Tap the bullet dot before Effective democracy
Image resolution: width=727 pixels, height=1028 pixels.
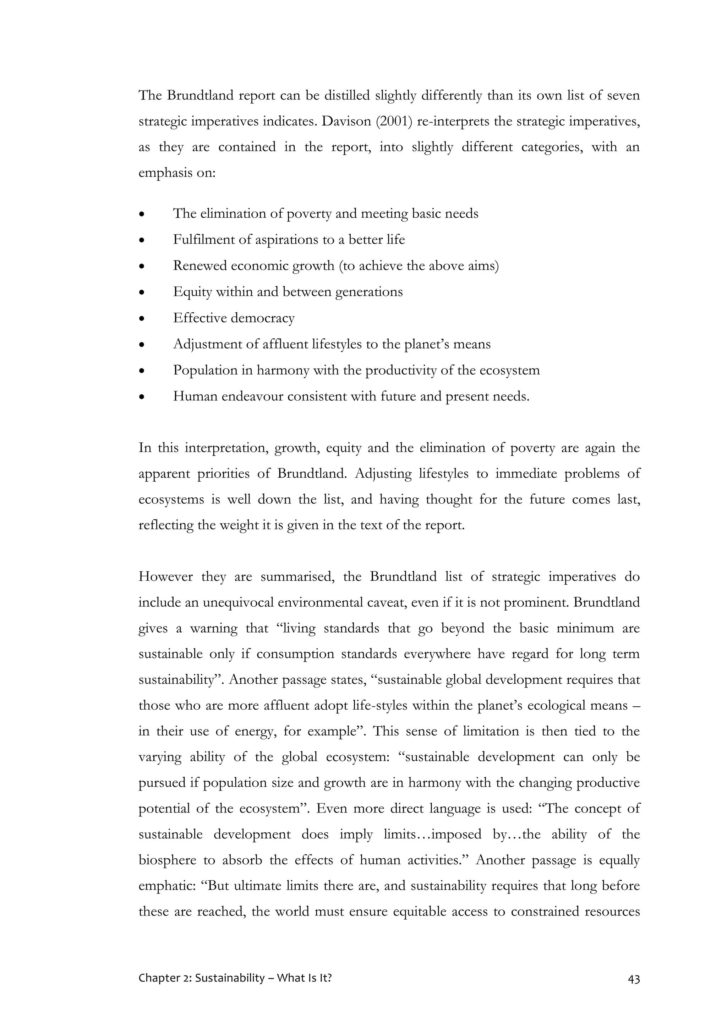(142, 319)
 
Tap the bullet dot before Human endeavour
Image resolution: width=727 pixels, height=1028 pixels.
(142, 397)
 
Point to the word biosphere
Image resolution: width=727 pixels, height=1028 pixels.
(168, 860)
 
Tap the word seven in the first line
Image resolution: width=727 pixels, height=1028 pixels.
(623, 95)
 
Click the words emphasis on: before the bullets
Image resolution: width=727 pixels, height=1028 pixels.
(177, 173)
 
